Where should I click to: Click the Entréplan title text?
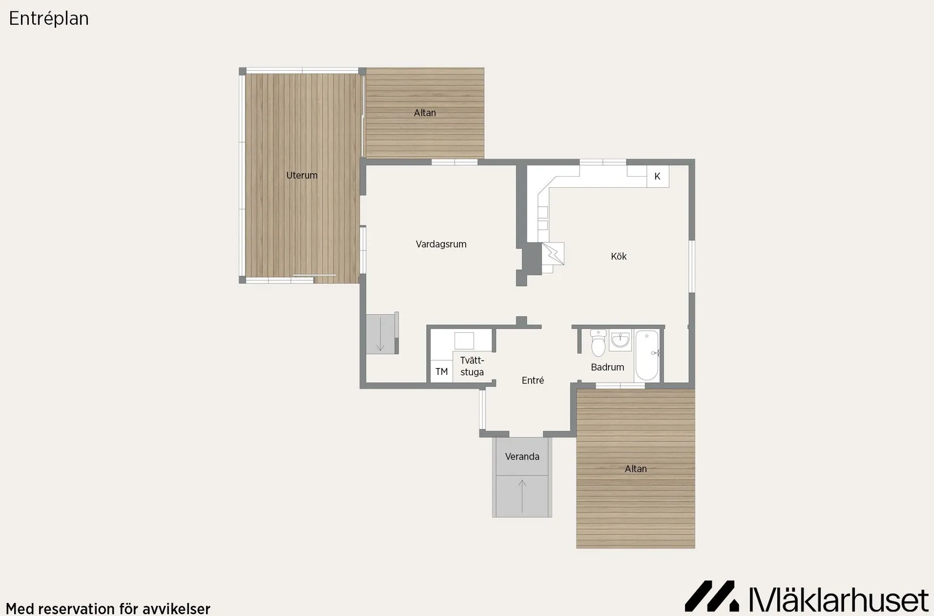(x=49, y=19)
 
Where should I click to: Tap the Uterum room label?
(x=302, y=175)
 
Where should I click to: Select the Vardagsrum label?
(x=441, y=245)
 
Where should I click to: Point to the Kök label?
(x=619, y=256)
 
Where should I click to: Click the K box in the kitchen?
(x=658, y=177)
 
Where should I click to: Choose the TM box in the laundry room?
(x=442, y=371)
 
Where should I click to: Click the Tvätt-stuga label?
(x=472, y=366)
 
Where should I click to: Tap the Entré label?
(x=533, y=380)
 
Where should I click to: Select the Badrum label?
(x=607, y=367)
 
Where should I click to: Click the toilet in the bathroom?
(x=598, y=343)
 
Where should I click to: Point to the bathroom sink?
(x=620, y=340)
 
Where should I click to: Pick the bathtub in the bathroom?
(x=647, y=356)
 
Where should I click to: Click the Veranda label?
(x=522, y=457)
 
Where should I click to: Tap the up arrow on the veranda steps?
(x=522, y=497)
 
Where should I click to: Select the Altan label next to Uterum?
(x=425, y=113)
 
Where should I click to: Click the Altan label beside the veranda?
(x=636, y=469)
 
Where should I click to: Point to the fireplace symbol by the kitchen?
(x=553, y=253)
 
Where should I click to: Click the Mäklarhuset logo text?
(x=839, y=600)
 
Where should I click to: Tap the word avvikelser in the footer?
(x=177, y=609)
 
